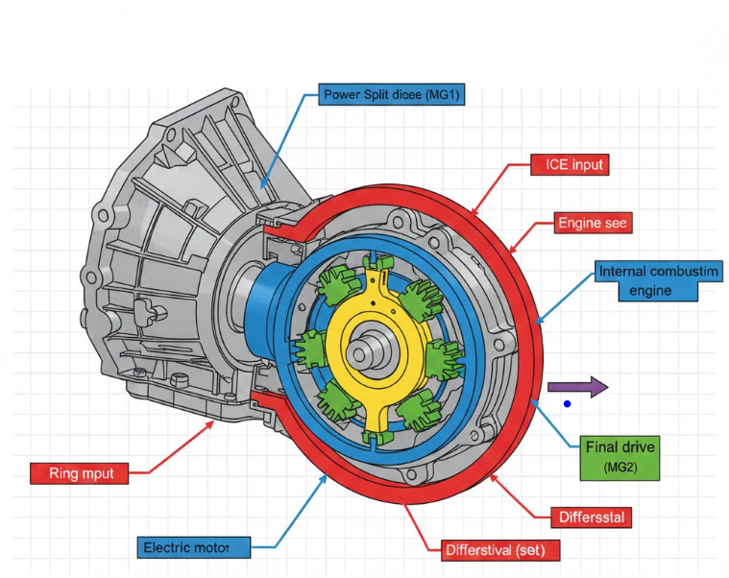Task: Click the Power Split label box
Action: [391, 95]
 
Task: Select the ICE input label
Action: [570, 165]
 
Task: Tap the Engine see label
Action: [594, 224]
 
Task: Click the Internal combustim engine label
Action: [658, 281]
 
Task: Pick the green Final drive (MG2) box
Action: [622, 457]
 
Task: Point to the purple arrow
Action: [577, 387]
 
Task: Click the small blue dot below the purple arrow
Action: [568, 404]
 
